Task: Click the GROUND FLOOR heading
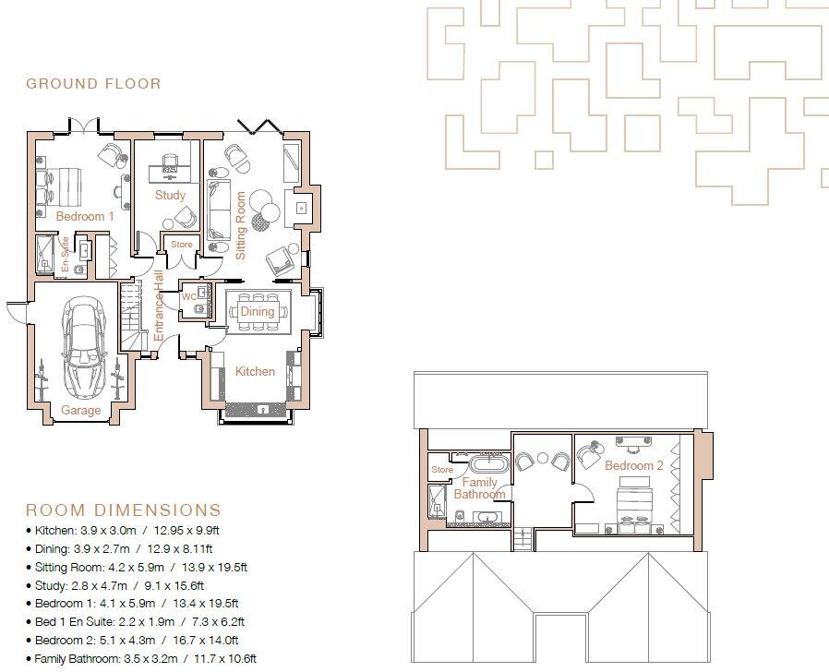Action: (93, 84)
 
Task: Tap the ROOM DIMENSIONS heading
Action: (123, 510)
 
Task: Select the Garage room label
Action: (80, 410)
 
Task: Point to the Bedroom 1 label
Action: (85, 216)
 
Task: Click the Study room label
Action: (170, 196)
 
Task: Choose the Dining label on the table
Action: (258, 312)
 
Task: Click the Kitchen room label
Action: (255, 371)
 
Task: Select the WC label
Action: (188, 297)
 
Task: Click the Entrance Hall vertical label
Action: (159, 307)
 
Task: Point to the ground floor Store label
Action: (182, 245)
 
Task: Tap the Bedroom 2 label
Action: (634, 466)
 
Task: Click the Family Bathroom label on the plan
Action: (479, 488)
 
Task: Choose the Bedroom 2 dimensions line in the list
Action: (137, 639)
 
